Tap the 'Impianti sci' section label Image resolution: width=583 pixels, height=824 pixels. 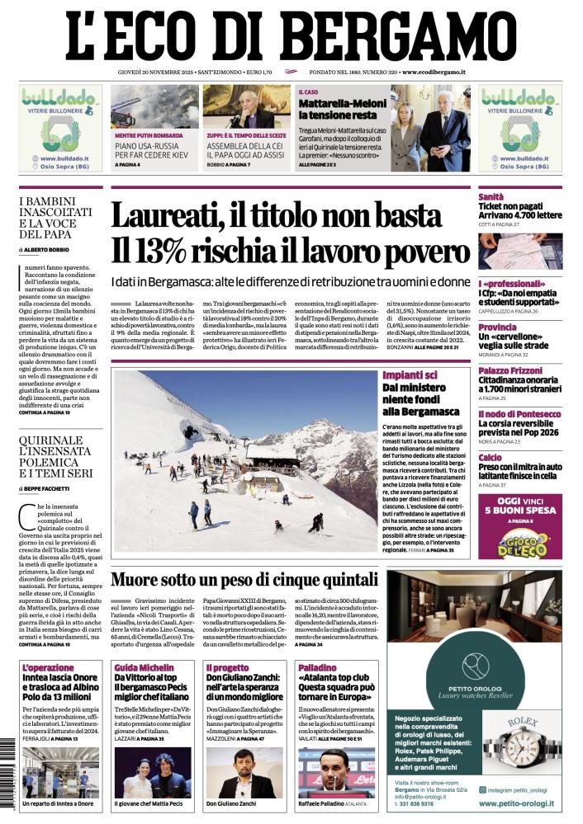click(x=410, y=375)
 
